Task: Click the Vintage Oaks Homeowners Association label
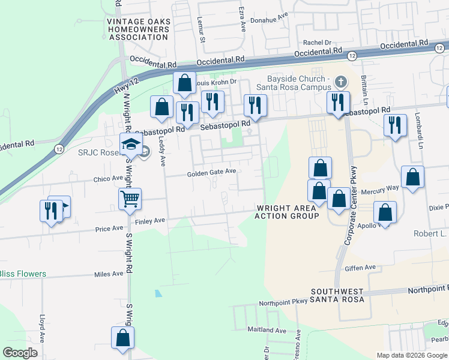click(x=138, y=29)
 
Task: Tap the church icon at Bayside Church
click(x=341, y=81)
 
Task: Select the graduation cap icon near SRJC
click(x=129, y=145)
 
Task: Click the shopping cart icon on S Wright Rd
click(x=130, y=199)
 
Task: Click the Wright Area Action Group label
click(x=287, y=212)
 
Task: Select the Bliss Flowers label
click(x=23, y=274)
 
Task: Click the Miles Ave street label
click(x=109, y=274)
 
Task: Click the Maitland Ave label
click(x=267, y=330)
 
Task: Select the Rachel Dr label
click(x=317, y=43)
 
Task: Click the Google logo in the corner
click(x=20, y=353)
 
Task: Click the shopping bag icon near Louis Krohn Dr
click(x=185, y=83)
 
